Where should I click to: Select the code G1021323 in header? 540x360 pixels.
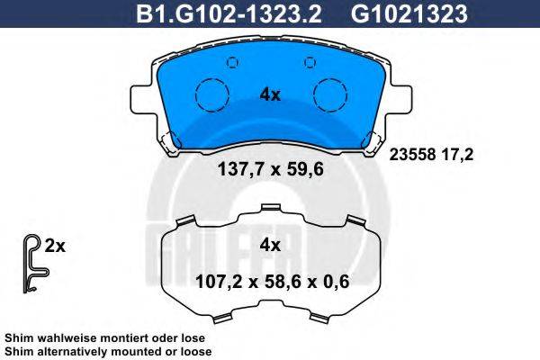399,13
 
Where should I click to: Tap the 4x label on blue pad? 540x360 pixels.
270,93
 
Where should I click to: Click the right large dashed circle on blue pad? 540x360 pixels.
328,94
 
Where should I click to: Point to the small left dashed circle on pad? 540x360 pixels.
231,62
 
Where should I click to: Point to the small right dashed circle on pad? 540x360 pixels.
310,62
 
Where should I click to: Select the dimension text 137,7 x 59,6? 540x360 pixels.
270,166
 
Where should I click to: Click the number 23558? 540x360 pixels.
409,154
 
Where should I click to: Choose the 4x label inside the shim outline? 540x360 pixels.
270,244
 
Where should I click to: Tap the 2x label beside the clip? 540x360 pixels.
56,245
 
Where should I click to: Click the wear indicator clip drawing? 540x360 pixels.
31,262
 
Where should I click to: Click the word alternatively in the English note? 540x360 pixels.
75,351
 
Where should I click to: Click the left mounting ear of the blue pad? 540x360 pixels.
144,97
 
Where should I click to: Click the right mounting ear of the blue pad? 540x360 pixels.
398,97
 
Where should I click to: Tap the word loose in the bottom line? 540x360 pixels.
193,351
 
